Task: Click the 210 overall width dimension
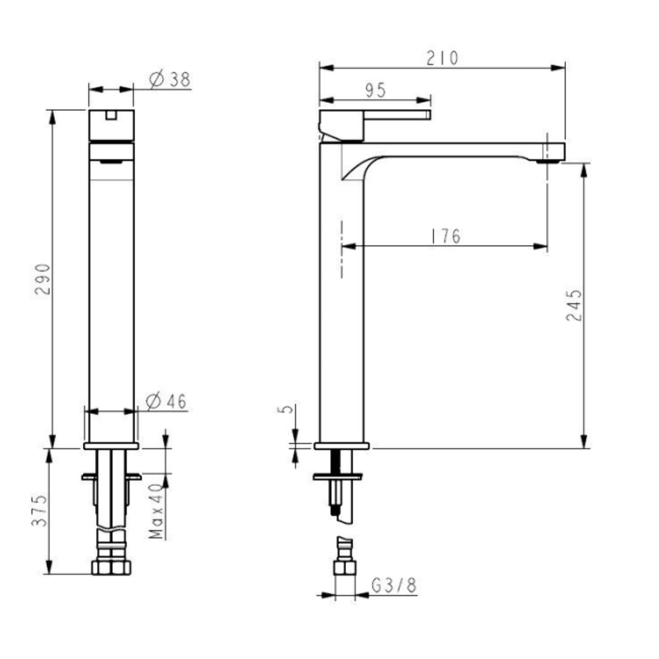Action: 442,58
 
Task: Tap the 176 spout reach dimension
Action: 445,236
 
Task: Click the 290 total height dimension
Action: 43,279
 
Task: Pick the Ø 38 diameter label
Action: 170,80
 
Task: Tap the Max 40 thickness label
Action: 157,511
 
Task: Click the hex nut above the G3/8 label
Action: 345,567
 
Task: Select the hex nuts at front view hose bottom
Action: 111,567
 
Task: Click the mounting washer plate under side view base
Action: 338,476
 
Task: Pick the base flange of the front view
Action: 111,445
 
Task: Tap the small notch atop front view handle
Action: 111,114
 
